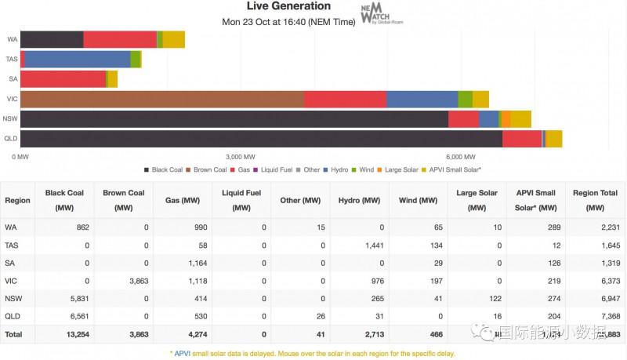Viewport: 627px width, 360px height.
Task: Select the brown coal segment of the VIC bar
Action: [161, 99]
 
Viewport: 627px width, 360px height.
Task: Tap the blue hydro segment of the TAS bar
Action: [78, 59]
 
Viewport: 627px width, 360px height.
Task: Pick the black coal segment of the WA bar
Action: [51, 39]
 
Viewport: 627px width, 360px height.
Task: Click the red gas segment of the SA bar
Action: [63, 79]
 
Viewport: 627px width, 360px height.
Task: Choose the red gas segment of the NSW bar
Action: [463, 119]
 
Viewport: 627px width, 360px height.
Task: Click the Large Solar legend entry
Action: [400, 169]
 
